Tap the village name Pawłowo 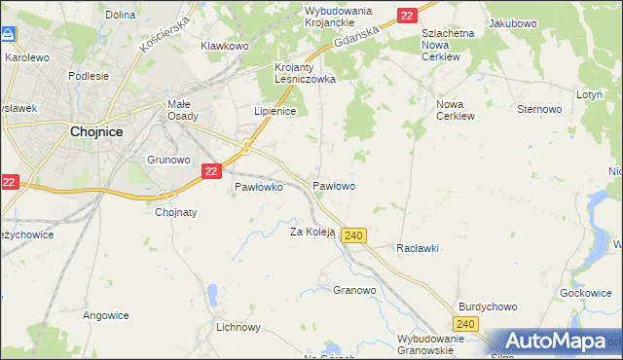(x=333, y=185)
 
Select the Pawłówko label (x=258, y=187)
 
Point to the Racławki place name (x=418, y=248)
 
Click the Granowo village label (x=354, y=290)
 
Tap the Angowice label (x=106, y=314)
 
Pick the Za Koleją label (x=312, y=233)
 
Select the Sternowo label (x=540, y=109)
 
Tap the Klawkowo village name (x=225, y=46)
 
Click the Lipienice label (x=275, y=111)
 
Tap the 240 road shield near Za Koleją (x=354, y=235)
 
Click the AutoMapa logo (x=556, y=342)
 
